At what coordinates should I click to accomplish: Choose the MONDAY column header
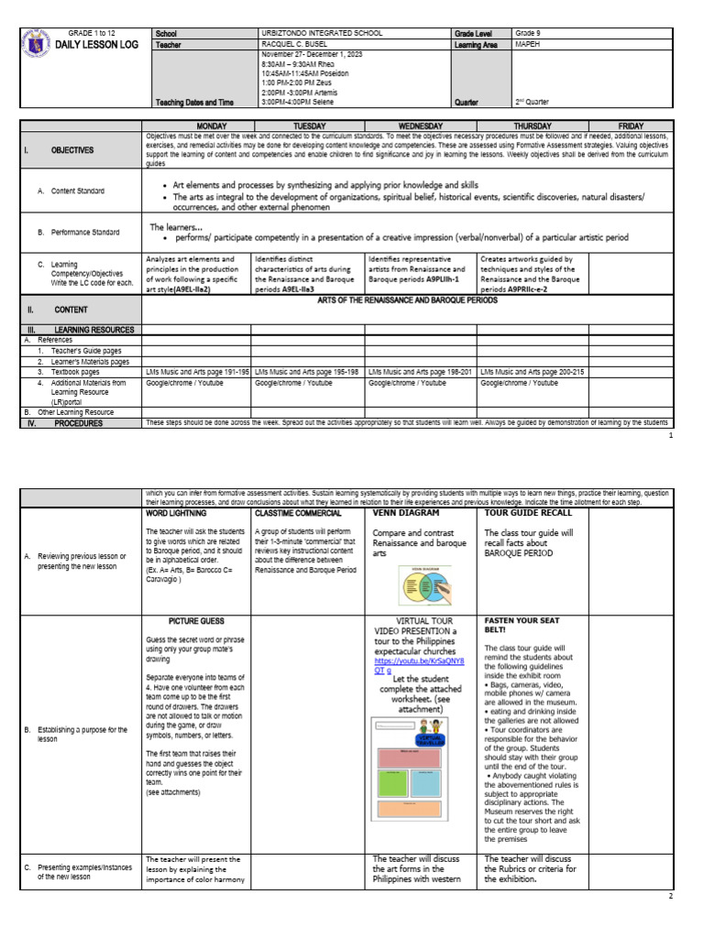196,125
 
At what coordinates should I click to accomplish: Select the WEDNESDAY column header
420,125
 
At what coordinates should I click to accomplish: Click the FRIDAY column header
631,125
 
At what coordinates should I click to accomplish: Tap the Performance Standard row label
78,233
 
